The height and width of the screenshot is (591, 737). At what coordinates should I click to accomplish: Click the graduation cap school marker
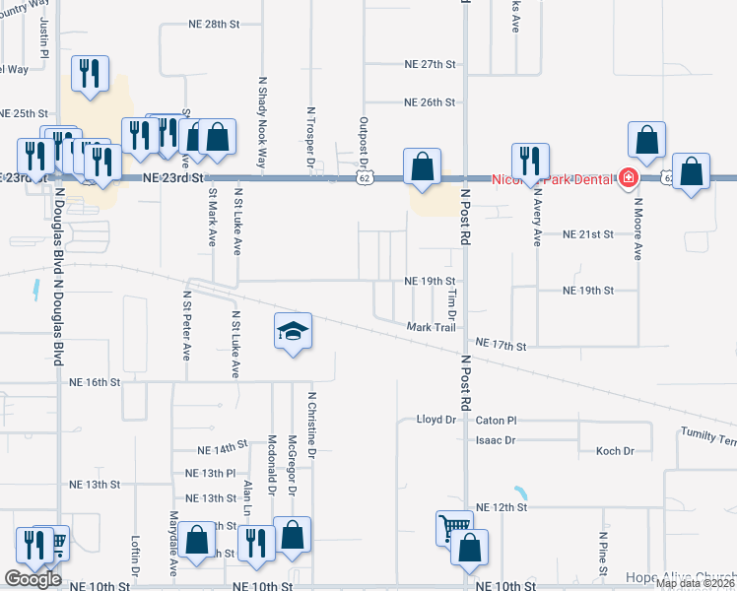pos(294,331)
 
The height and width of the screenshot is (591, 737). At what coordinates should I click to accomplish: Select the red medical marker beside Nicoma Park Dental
pos(629,178)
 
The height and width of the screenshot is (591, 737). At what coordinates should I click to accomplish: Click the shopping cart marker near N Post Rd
pos(453,527)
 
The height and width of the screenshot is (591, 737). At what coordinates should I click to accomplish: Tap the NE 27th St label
pos(430,64)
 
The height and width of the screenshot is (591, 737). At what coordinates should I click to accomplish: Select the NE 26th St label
pos(430,102)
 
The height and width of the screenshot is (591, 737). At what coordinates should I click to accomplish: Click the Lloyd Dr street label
pos(436,420)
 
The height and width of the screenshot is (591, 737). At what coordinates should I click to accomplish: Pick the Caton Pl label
pos(496,420)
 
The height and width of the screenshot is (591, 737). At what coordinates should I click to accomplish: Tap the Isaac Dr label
pos(496,440)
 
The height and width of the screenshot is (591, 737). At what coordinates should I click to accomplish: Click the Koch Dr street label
pos(616,451)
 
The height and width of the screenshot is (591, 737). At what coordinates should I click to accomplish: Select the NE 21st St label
pos(587,234)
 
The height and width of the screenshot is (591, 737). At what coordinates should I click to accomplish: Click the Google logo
pos(33,579)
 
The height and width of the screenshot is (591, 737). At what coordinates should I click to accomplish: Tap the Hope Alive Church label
pos(681,577)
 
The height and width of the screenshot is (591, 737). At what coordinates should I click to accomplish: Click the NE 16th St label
pos(95,381)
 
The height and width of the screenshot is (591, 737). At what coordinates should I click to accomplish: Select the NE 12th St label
pos(502,506)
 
